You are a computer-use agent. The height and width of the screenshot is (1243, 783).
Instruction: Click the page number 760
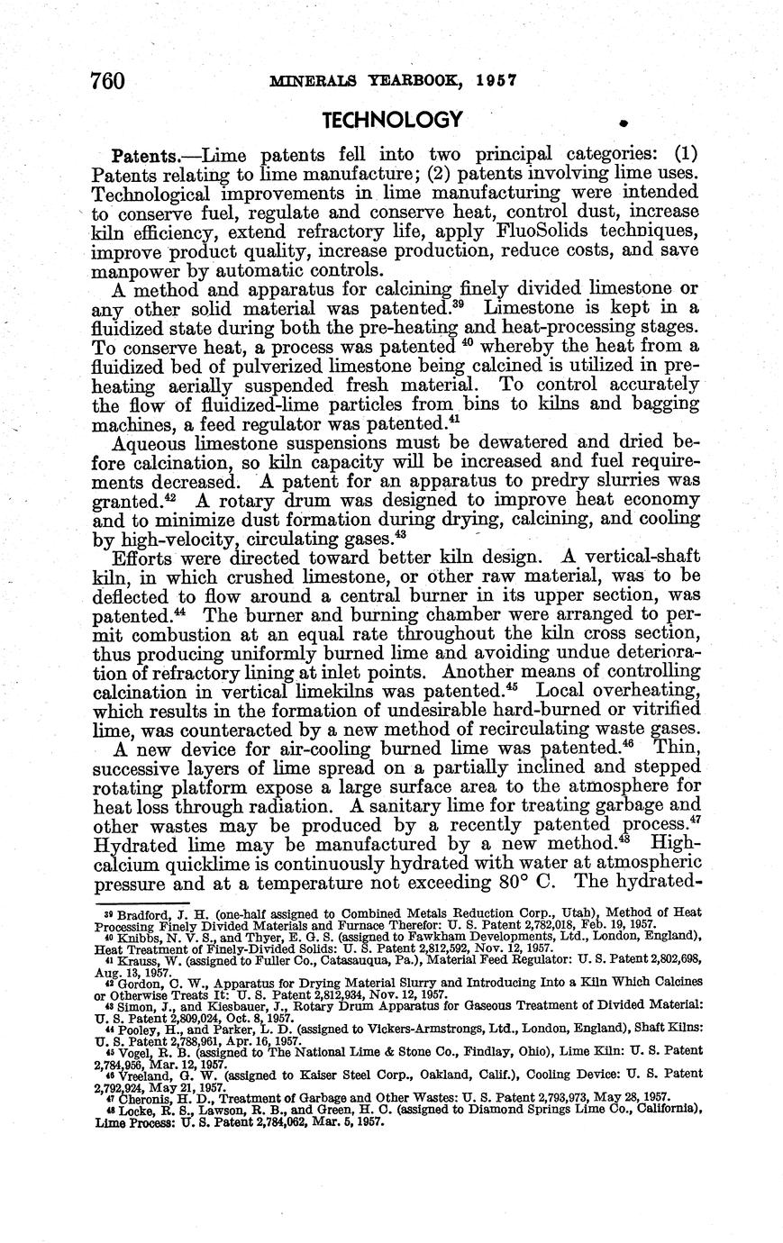(106, 80)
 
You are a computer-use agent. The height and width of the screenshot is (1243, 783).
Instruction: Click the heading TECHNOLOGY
(392, 120)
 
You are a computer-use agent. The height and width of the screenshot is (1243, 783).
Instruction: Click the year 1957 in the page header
(496, 79)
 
